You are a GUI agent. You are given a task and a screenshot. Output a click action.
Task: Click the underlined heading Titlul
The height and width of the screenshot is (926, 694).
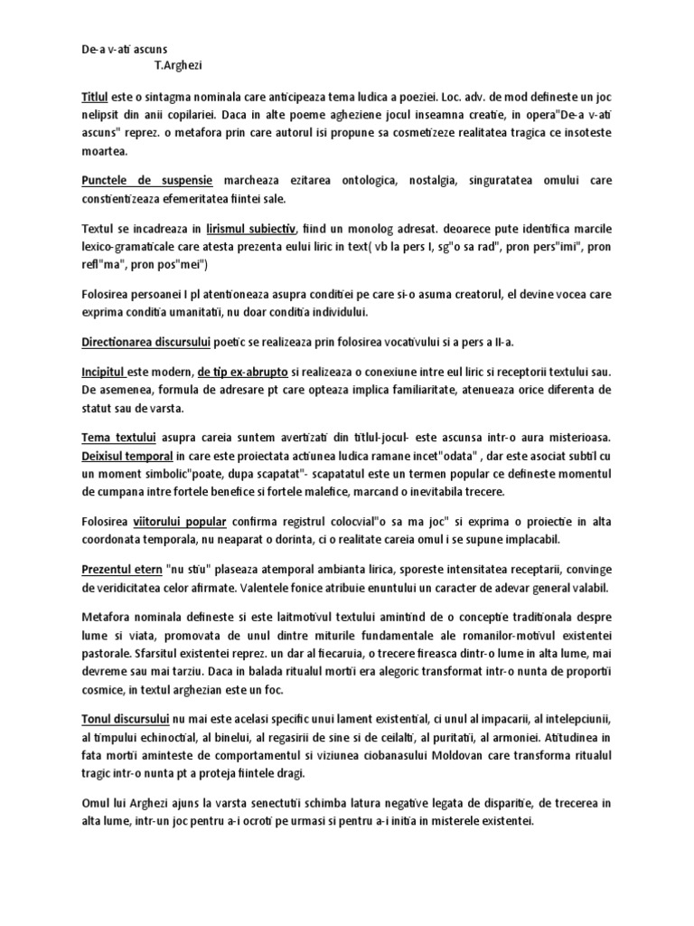point(94,95)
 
